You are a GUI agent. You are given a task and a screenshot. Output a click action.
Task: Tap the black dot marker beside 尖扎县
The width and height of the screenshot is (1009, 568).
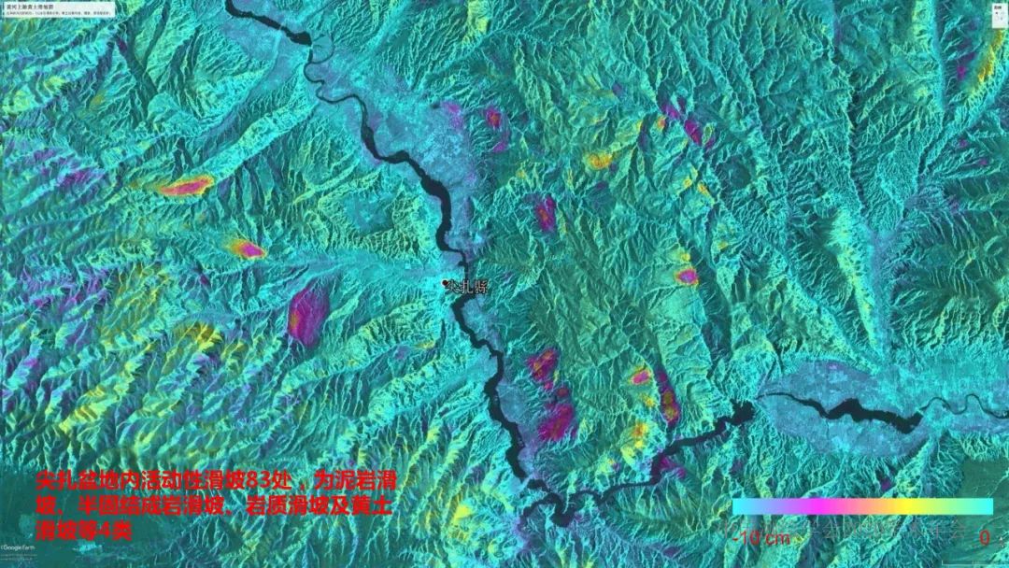[x=446, y=282]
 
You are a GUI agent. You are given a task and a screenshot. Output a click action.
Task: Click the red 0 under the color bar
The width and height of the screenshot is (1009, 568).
[x=985, y=538]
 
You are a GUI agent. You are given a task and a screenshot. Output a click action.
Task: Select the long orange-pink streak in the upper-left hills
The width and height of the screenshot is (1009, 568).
[x=184, y=187]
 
